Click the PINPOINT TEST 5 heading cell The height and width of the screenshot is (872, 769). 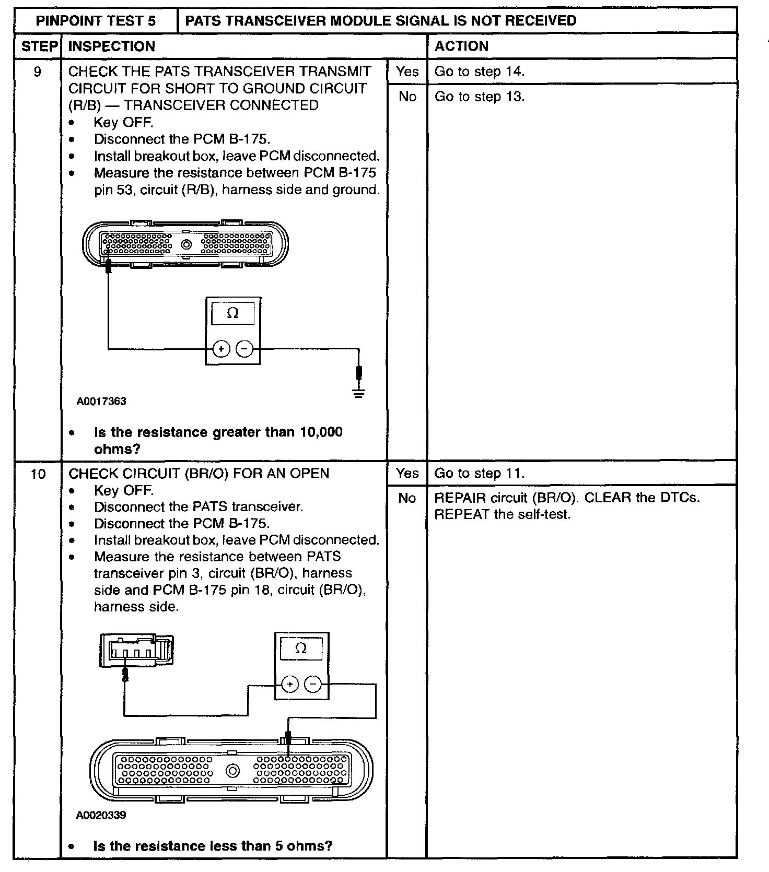[x=96, y=21]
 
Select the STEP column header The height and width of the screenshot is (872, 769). [x=38, y=46]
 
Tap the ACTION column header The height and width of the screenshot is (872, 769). [x=461, y=46]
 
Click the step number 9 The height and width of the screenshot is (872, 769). [x=38, y=72]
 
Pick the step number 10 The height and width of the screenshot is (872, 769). [x=38, y=474]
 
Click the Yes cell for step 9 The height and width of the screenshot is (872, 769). [x=407, y=72]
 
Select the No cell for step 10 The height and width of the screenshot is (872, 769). [x=407, y=498]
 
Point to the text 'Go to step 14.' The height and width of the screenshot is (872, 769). [x=479, y=72]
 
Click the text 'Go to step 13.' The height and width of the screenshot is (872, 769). [x=479, y=97]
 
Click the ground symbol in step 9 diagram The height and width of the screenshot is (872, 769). [x=358, y=392]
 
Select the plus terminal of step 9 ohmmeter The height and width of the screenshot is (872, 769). [x=221, y=348]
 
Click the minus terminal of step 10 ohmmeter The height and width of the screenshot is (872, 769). [x=313, y=684]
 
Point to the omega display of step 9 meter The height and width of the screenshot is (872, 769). [x=233, y=313]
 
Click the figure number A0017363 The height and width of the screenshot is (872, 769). [x=101, y=402]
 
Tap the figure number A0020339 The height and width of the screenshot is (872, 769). [x=101, y=815]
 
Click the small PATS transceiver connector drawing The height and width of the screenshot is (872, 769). [x=136, y=651]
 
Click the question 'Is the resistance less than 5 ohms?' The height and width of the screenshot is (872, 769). [x=213, y=846]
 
